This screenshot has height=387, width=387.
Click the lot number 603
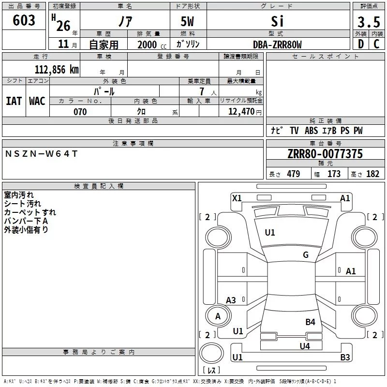click(x=24, y=20)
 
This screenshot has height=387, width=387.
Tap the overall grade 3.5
click(x=369, y=22)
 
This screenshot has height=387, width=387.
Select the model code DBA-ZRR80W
click(x=277, y=45)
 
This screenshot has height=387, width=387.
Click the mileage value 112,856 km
click(x=57, y=69)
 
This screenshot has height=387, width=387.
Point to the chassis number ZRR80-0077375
click(x=325, y=154)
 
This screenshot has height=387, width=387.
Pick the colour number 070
click(x=80, y=112)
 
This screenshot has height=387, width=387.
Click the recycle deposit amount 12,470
click(x=241, y=112)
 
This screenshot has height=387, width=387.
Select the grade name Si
click(x=277, y=21)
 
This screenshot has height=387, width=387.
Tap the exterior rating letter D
click(x=360, y=44)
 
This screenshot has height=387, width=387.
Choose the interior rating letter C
click(x=376, y=44)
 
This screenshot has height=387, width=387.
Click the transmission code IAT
click(x=14, y=101)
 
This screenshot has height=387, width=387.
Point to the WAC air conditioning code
click(x=37, y=101)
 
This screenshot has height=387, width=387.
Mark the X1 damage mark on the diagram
click(x=237, y=198)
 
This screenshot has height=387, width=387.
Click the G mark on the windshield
click(x=306, y=255)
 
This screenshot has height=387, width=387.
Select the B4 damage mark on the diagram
click(x=310, y=322)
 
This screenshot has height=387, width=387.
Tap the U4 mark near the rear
click(x=305, y=346)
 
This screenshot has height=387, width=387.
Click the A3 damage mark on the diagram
click(x=231, y=300)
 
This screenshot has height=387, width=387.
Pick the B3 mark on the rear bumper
click(x=345, y=357)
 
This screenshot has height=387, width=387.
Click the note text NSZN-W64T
click(x=41, y=154)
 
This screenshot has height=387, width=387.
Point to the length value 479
click(x=294, y=174)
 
